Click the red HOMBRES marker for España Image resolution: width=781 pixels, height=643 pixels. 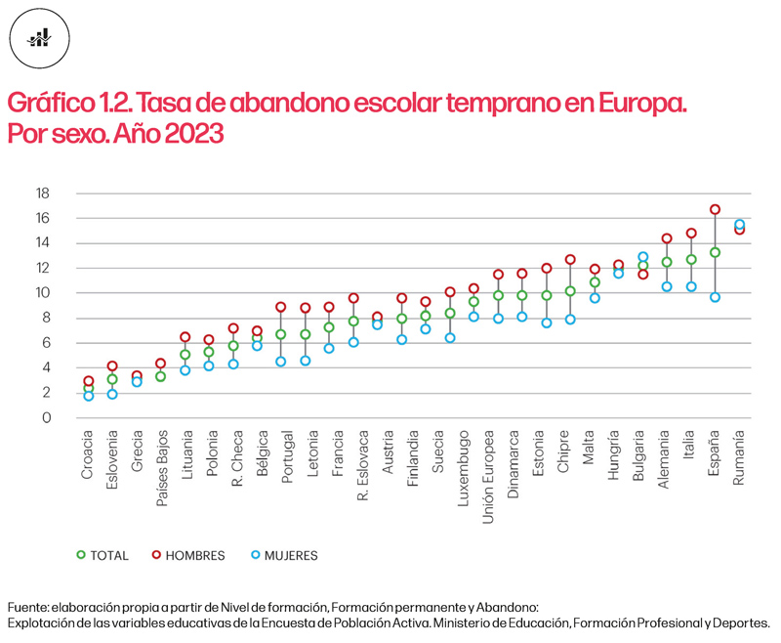[x=715, y=209]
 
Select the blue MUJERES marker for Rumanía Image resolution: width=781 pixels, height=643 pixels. [x=739, y=225]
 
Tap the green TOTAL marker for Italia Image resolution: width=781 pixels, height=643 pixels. [x=691, y=260]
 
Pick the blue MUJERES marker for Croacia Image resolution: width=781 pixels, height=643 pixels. [x=88, y=396]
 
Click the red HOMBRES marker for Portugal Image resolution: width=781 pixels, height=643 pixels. [x=280, y=307]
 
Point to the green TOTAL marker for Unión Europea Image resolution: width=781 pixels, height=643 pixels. [x=498, y=295]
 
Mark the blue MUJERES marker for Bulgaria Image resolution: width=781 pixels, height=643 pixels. [x=643, y=257]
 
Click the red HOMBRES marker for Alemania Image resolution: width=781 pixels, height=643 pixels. [x=667, y=238]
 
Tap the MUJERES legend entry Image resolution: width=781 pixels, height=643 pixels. [x=279, y=555]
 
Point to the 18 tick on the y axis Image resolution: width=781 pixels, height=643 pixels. [x=42, y=193]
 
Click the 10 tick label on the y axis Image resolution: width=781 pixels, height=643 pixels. [x=42, y=293]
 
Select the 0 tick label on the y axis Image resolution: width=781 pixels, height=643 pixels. [x=45, y=418]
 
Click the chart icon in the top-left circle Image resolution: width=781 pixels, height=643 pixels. [x=39, y=38]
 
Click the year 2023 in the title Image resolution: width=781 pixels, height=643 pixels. [x=189, y=134]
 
